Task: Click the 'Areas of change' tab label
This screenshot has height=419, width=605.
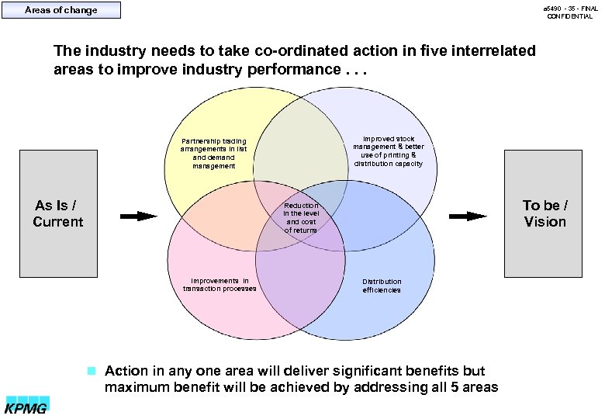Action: (61, 10)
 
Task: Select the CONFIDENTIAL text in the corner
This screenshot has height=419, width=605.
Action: (569, 16)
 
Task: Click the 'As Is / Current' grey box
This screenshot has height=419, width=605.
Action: (58, 213)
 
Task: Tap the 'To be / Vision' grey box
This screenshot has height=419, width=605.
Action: (544, 213)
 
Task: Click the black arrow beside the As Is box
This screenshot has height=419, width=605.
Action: (139, 216)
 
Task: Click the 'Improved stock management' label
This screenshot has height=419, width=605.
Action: (389, 151)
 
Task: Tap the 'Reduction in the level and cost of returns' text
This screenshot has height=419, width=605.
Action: (300, 218)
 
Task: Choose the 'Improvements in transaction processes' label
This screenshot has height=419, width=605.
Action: (220, 285)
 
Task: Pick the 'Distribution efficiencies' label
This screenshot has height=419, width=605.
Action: (382, 286)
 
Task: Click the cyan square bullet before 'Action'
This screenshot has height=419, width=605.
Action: (91, 370)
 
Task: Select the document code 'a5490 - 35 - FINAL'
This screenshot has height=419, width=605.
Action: (569, 8)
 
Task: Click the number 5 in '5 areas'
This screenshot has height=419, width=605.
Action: (456, 387)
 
